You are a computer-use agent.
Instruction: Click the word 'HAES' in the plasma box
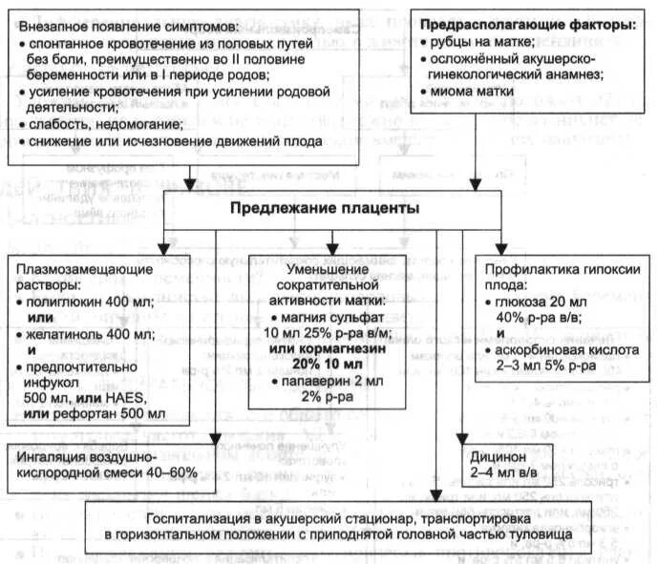coord(139,398)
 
